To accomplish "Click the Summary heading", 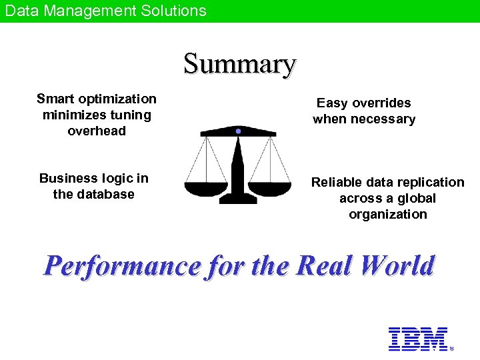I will tap(239, 65).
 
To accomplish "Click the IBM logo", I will tap(418, 339).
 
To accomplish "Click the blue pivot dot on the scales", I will tap(238, 131).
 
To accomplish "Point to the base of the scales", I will tap(238, 199).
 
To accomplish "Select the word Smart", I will tap(55, 99).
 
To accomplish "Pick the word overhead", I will tap(97, 131).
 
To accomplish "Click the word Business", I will tap(69, 179).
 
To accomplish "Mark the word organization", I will tap(387, 215).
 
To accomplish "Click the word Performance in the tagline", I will tap(122, 266).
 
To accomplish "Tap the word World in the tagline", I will tap(397, 266).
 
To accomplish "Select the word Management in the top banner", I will tap(88, 11).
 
